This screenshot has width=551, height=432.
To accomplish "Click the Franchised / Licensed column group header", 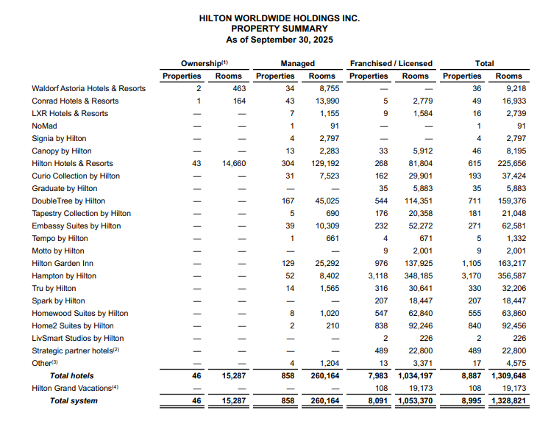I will (x=391, y=63).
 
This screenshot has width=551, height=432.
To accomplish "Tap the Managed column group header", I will (x=297, y=63).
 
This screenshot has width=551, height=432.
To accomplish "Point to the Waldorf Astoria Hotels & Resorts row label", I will (x=88, y=88).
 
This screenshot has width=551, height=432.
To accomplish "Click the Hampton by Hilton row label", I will (x=64, y=276).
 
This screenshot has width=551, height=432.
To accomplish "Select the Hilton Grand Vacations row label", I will (x=74, y=388).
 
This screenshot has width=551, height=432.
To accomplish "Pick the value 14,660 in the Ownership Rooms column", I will (x=234, y=163).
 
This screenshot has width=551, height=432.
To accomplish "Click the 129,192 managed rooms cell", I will (x=321, y=163).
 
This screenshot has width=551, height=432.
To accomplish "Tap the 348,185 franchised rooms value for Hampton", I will (x=416, y=276).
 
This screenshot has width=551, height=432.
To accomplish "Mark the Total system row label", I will (x=74, y=401).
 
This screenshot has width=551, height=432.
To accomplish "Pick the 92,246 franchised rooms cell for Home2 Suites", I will (x=416, y=325).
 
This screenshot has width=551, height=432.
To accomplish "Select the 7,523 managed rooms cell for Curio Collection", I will (x=324, y=176).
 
